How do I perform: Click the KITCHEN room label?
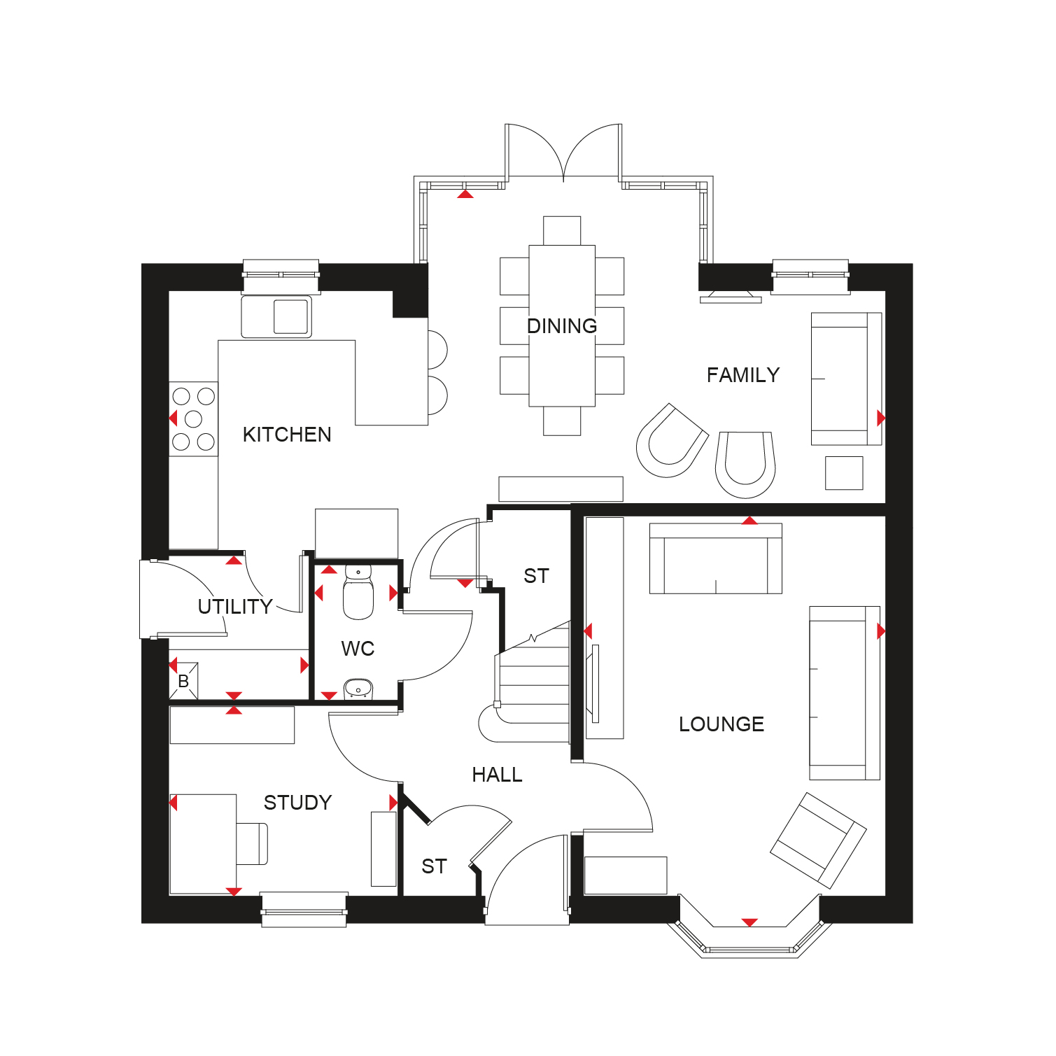(x=287, y=435)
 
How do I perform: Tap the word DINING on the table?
(x=562, y=326)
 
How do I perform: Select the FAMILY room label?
(x=743, y=375)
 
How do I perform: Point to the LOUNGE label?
(x=721, y=724)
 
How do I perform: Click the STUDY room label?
(x=297, y=803)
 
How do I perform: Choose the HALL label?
(x=497, y=775)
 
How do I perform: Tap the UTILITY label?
(x=235, y=607)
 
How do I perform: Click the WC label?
(x=358, y=649)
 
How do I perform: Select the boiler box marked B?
(x=184, y=681)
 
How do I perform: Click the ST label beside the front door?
(x=434, y=866)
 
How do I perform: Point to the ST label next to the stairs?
(x=536, y=576)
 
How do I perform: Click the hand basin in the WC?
(x=358, y=689)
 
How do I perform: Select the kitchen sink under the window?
(x=276, y=316)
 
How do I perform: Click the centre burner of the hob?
(x=193, y=419)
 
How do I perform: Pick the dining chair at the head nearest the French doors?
(x=562, y=231)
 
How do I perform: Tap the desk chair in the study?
(x=252, y=843)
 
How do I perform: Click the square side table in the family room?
(x=844, y=473)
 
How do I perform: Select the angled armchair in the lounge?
(x=818, y=840)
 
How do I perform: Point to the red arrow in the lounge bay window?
(x=749, y=922)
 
